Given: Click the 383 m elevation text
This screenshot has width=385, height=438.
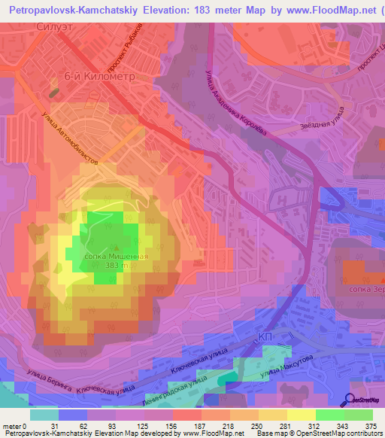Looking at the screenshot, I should (114, 266).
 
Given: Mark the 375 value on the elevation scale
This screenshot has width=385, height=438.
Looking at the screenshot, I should (370, 427).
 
